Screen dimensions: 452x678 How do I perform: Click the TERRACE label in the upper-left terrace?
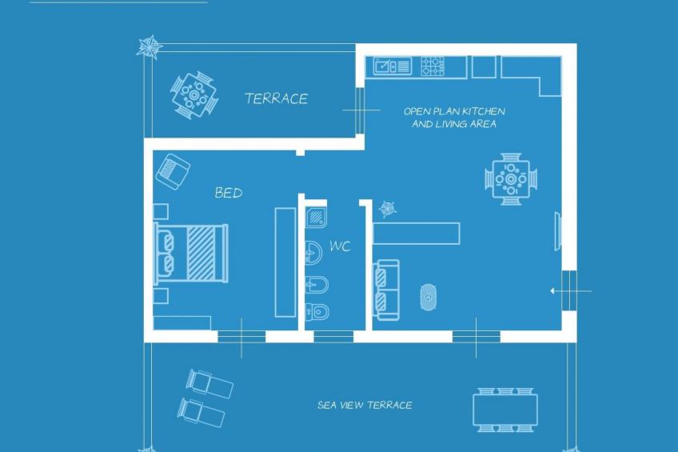coord(276,99)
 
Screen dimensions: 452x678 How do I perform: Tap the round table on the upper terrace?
coord(193,95)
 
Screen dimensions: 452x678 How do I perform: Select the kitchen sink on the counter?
coord(393,66)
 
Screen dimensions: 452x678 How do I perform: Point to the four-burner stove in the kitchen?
coord(433,66)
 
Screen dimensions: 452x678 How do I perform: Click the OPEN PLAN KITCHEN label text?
coord(453,112)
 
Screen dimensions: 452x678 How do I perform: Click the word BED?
coord(228,193)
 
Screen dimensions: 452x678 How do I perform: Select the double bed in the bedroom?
coord(192,252)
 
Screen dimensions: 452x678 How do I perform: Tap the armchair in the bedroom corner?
coord(172,170)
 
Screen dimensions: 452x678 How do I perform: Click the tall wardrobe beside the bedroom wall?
coord(285,262)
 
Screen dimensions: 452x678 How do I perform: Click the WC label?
coord(340,246)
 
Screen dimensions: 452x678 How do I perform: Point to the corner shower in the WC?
coord(317,216)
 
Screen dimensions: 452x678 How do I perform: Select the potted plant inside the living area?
coord(388,210)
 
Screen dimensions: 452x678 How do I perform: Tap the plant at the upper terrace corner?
coord(149,46)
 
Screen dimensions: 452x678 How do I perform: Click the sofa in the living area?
coord(386,290)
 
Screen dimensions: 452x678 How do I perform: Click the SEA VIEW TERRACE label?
coord(365,406)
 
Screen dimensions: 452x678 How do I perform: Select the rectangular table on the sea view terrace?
coord(505,410)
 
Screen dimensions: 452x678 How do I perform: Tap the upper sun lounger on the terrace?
coord(209,383)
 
